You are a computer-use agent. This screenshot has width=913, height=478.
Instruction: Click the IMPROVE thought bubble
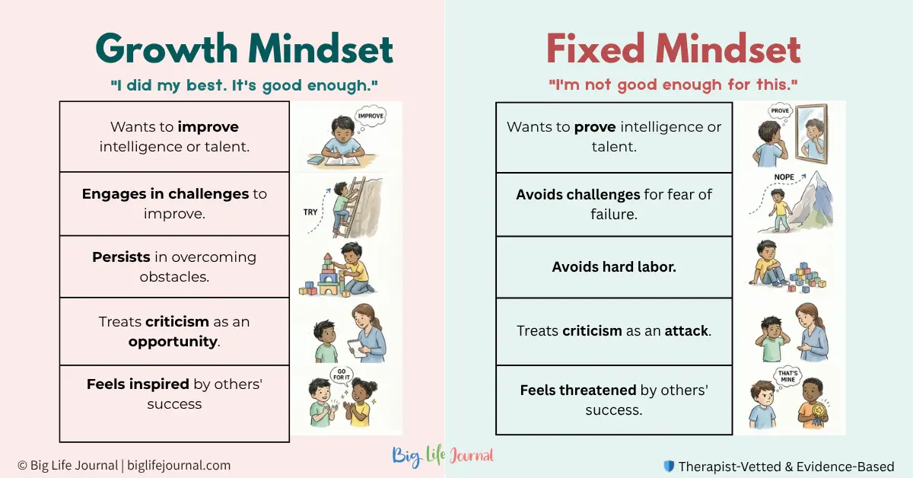click(x=370, y=116)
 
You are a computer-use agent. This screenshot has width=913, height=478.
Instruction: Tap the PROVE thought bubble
click(x=780, y=111)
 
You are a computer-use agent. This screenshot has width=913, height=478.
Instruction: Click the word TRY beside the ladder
click(x=310, y=212)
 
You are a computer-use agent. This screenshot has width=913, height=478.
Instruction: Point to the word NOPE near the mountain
click(x=784, y=177)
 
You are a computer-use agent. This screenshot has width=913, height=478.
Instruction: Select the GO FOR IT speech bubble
click(x=342, y=374)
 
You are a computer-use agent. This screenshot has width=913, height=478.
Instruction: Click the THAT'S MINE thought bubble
click(x=787, y=377)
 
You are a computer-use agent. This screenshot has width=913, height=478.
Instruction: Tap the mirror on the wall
click(x=812, y=134)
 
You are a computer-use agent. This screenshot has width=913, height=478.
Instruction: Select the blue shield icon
click(x=669, y=466)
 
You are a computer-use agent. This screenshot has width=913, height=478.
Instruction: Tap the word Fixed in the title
click(x=596, y=49)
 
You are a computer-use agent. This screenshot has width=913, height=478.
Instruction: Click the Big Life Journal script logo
click(x=443, y=456)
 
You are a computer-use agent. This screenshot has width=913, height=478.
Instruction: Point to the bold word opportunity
click(x=173, y=341)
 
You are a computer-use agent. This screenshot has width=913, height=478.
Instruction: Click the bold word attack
click(x=686, y=331)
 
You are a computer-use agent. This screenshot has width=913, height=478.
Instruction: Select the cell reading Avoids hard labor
click(x=614, y=267)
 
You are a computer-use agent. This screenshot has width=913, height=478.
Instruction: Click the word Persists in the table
click(x=121, y=257)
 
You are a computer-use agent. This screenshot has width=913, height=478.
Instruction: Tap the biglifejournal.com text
click(x=179, y=465)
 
